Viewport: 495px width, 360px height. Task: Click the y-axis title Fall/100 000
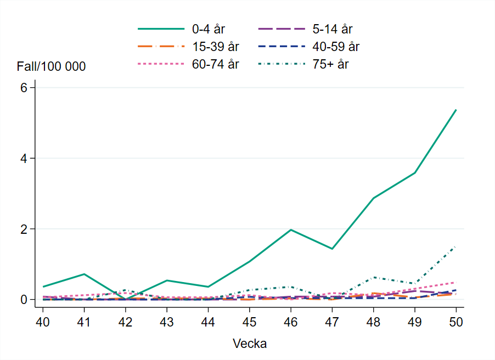(51, 66)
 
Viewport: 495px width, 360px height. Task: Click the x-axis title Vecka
(250, 344)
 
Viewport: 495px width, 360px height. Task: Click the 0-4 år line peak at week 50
(456, 110)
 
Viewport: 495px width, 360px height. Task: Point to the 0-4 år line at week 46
(291, 230)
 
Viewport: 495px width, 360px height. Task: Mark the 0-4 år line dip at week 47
(332, 249)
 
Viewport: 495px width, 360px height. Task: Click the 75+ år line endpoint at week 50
(456, 247)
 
